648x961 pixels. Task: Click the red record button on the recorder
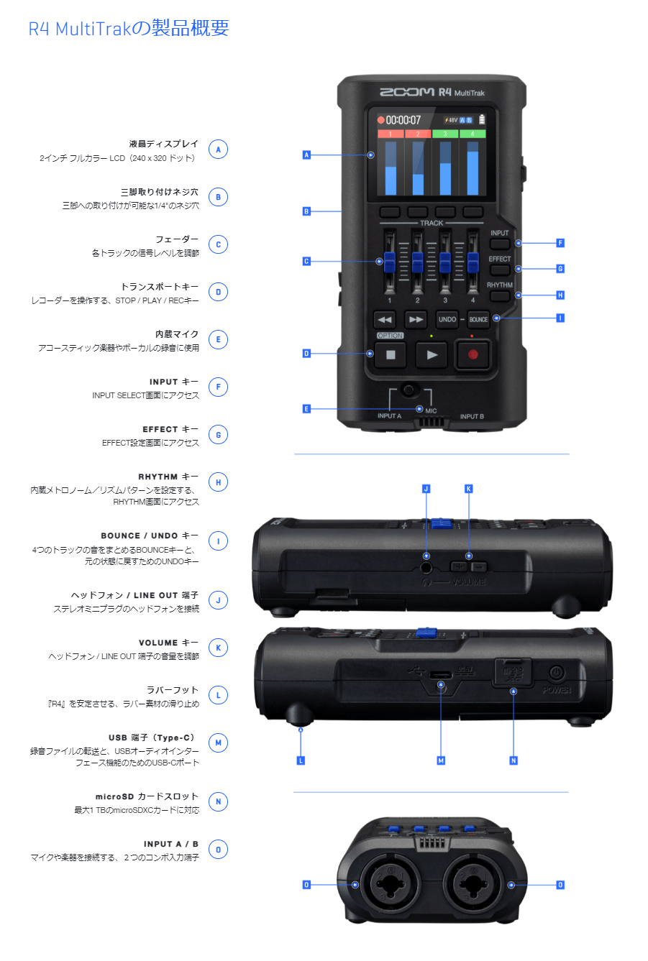coord(473,354)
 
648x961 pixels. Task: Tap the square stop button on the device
coord(391,354)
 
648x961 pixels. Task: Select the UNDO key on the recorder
coord(447,319)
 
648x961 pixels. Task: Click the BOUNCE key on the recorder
coord(478,319)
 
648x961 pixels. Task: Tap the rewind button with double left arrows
coord(385,319)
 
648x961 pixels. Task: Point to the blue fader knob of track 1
coord(389,262)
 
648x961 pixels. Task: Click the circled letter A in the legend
coord(218,150)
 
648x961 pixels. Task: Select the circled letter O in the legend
coord(218,850)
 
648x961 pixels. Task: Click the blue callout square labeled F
coord(560,243)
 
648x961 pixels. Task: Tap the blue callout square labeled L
coord(301,760)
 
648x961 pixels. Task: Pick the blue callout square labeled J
coord(426,489)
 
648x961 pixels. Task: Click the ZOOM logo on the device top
coord(406,92)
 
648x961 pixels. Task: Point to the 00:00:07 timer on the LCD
coord(403,120)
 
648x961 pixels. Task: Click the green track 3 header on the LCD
coord(445,134)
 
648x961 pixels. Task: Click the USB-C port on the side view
coord(441,674)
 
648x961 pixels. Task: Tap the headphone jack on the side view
coord(426,567)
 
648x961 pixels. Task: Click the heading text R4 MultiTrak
coord(129,29)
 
